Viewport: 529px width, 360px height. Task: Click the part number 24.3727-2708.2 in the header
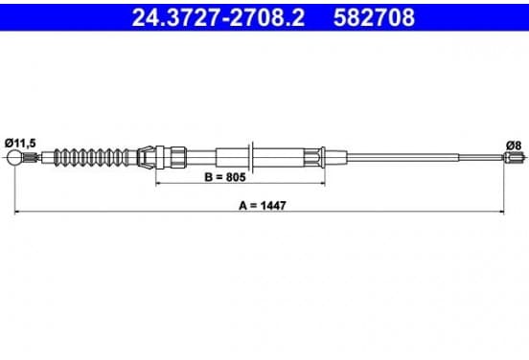218,17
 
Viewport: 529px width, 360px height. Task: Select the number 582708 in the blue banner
374,17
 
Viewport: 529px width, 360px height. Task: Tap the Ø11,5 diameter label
20,144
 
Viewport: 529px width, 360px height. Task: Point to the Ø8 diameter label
514,146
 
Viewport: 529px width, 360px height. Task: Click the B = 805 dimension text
225,177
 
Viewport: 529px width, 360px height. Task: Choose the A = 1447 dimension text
263,205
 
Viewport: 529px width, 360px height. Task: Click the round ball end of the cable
14,157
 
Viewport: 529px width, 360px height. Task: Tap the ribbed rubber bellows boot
92,157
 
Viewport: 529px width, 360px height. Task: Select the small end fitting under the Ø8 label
515,157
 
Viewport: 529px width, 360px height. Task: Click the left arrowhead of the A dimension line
17,212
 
